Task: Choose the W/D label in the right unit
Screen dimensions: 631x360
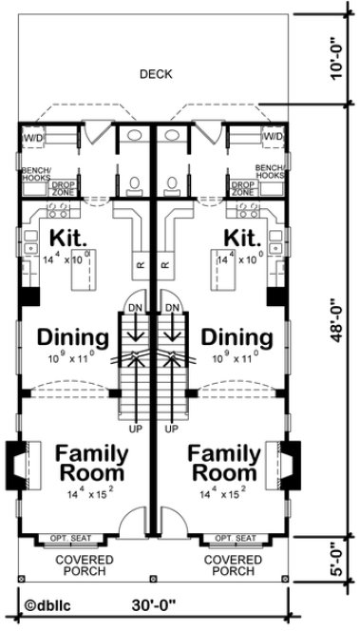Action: [274, 137]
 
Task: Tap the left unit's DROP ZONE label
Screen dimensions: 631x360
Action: [64, 188]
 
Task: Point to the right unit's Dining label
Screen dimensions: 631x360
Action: [237, 336]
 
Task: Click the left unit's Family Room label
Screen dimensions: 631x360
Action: [91, 461]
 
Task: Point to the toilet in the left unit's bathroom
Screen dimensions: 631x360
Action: [134, 182]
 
